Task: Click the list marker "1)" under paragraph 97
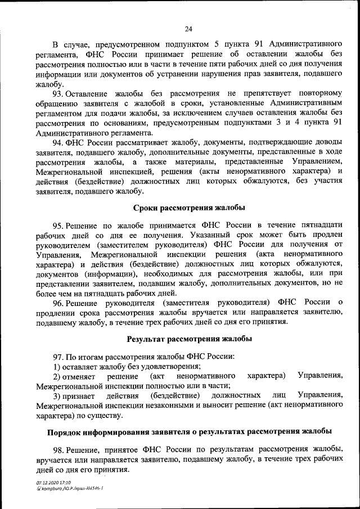pyautogui.click(x=57, y=366)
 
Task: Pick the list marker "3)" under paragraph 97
pyautogui.click(x=57, y=395)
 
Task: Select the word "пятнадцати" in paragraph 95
pyautogui.click(x=321, y=225)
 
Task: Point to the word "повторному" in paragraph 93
pyautogui.click(x=319, y=93)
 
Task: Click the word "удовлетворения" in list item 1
pyautogui.click(x=156, y=366)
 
